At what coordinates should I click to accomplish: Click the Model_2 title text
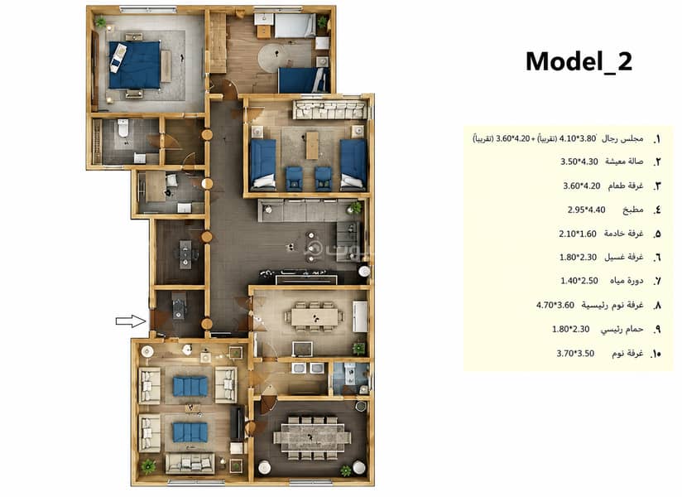579,61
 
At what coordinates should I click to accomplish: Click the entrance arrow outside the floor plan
131,321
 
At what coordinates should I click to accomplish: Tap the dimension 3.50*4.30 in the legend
579,162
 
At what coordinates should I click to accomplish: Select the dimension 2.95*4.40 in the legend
586,210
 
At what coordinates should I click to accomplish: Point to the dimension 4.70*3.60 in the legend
555,305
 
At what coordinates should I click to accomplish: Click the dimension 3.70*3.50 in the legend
575,354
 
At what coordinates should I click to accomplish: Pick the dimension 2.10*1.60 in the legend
578,234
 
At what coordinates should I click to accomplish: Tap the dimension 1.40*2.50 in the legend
579,281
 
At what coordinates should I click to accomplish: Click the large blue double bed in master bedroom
134,65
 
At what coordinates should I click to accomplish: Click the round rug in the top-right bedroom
276,57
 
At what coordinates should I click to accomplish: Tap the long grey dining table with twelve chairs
311,437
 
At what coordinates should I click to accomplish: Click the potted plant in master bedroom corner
100,21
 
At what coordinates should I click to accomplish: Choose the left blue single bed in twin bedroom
263,165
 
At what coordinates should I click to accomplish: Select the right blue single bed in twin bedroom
353,165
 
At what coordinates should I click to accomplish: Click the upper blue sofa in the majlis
190,387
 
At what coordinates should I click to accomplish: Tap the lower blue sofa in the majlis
190,432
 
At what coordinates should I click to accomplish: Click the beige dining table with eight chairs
314,316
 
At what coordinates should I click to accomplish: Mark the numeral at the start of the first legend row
657,139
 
